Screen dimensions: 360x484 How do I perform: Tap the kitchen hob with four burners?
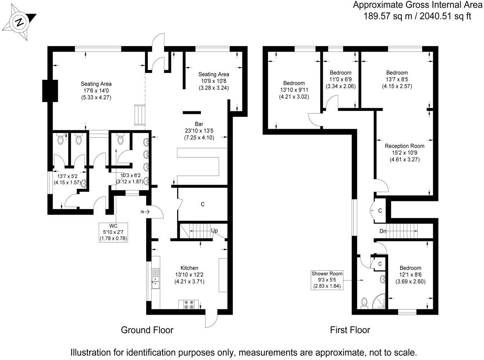(x=188, y=305)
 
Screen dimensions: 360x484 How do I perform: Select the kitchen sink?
(x=156, y=279)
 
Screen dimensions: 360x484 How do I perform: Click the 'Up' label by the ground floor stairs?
(x=214, y=231)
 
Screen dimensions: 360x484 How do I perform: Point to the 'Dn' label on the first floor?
(x=383, y=231)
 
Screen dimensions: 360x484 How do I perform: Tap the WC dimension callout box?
(x=114, y=232)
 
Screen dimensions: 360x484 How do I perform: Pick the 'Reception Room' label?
(x=404, y=146)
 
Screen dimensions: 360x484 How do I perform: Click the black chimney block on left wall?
(x=50, y=91)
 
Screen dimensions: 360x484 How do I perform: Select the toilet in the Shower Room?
(x=364, y=302)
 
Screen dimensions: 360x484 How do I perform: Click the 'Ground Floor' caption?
(x=147, y=330)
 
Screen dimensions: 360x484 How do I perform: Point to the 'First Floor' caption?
(x=350, y=330)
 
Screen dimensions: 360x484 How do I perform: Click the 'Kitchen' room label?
(x=189, y=268)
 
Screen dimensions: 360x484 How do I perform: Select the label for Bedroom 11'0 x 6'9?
(x=340, y=73)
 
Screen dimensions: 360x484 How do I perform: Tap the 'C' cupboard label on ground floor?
(x=202, y=204)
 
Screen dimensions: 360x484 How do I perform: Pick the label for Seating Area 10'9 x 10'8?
(x=214, y=74)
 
